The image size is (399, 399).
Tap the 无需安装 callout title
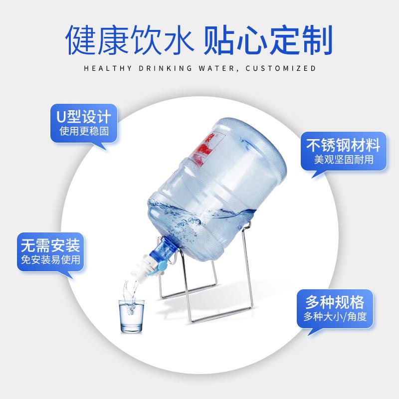(x=50, y=245)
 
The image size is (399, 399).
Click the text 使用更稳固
(x=84, y=132)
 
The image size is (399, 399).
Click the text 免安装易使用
(x=50, y=261)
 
